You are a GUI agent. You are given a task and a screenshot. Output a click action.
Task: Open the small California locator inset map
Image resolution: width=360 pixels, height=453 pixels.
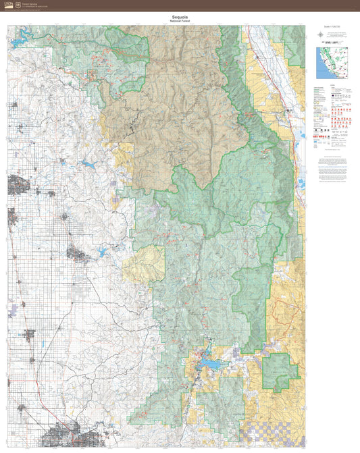pyautogui.click(x=330, y=63)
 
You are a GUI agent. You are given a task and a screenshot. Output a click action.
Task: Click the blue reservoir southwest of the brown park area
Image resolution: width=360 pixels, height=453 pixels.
pyautogui.click(x=88, y=163)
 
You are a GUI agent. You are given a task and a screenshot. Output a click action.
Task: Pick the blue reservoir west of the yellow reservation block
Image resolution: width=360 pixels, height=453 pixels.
pyautogui.click(x=103, y=252)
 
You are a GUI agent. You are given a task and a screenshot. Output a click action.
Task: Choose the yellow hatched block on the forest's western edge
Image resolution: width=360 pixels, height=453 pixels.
pyautogui.click(x=144, y=263)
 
